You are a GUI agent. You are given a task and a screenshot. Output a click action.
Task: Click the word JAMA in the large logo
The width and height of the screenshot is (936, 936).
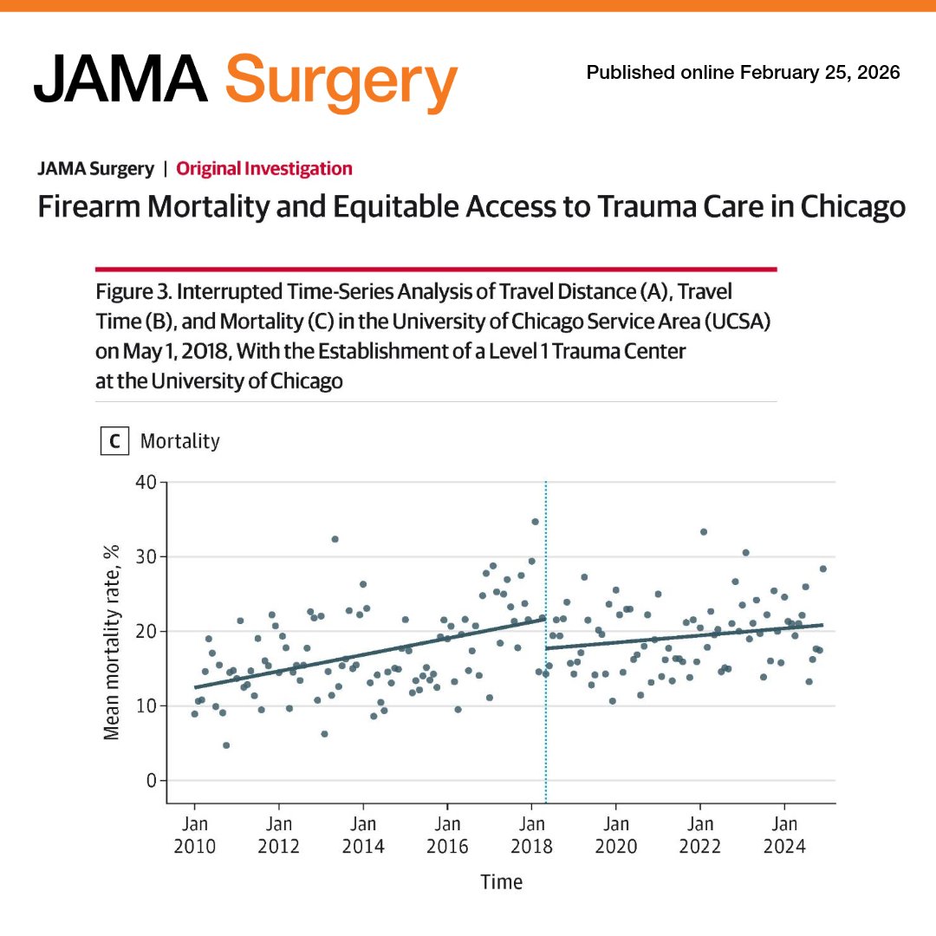(121, 78)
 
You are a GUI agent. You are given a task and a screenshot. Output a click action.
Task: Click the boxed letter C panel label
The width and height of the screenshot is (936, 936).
(114, 442)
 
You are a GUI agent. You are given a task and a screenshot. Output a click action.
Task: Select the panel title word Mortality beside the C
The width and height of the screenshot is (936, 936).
(180, 442)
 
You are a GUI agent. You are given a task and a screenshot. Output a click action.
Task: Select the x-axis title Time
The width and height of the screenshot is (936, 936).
(502, 882)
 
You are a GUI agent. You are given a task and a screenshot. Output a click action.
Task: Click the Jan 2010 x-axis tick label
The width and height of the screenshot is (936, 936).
(194, 835)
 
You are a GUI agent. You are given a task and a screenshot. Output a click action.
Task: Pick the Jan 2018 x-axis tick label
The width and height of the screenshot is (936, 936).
(532, 835)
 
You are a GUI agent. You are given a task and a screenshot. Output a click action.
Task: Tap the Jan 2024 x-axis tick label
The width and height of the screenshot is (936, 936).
(785, 835)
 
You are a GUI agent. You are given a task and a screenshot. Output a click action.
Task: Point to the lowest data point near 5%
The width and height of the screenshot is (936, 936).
(226, 745)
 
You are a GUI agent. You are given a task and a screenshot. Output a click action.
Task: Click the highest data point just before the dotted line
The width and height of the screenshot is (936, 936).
(535, 522)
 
